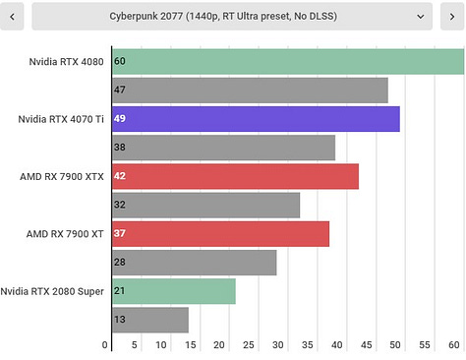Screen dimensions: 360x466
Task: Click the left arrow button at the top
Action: (14, 17)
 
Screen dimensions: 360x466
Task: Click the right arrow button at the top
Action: (451, 17)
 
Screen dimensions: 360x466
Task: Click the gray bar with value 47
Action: (250, 90)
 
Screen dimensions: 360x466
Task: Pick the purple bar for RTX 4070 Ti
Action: (256, 119)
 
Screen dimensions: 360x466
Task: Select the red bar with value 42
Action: (235, 176)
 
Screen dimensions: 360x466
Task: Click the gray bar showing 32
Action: (205, 205)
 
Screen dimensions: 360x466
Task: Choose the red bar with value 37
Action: (220, 234)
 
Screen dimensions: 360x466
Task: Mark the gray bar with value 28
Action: (194, 263)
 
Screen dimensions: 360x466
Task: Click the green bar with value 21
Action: (173, 291)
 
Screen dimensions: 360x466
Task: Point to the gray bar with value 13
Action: (149, 320)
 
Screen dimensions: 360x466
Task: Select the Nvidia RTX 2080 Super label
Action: (53, 291)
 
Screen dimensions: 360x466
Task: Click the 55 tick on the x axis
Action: (425, 345)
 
